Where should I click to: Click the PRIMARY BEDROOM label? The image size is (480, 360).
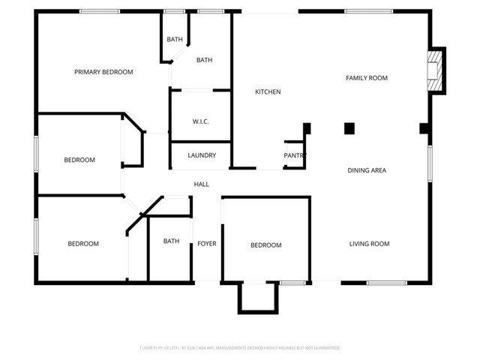pyautogui.click(x=103, y=72)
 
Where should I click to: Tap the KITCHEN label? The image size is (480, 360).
pyautogui.click(x=268, y=92)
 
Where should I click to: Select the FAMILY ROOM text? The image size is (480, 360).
pyautogui.click(x=366, y=78)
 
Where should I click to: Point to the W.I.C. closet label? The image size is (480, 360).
pyautogui.click(x=200, y=121)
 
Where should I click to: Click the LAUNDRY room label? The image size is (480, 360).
pyautogui.click(x=202, y=156)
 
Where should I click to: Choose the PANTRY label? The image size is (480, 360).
pyautogui.click(x=295, y=156)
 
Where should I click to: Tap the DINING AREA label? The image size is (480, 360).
pyautogui.click(x=367, y=171)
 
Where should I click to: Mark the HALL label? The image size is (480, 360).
pyautogui.click(x=202, y=184)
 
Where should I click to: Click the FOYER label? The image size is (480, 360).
pyautogui.click(x=207, y=243)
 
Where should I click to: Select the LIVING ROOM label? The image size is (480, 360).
pyautogui.click(x=369, y=244)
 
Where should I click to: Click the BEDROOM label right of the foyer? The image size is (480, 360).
pyautogui.click(x=265, y=245)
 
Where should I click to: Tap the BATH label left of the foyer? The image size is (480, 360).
pyautogui.click(x=172, y=241)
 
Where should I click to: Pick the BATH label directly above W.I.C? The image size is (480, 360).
pyautogui.click(x=204, y=60)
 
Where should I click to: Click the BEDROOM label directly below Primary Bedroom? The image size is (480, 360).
pyautogui.click(x=79, y=160)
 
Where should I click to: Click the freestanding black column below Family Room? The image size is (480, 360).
pyautogui.click(x=349, y=128)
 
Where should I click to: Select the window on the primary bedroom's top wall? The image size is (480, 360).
pyautogui.click(x=99, y=11)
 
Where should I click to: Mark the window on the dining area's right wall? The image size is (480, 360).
pyautogui.click(x=430, y=163)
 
